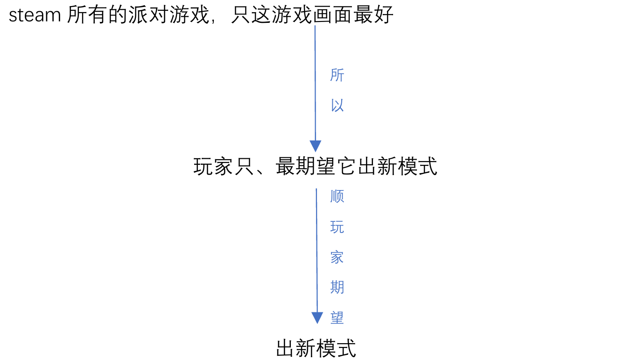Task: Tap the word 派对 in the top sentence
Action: coord(149,14)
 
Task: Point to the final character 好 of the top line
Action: coord(383,14)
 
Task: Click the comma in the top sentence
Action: coord(213,21)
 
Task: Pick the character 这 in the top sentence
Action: coord(261,14)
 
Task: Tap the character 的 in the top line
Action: coord(119,14)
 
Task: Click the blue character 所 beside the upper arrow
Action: coord(337,75)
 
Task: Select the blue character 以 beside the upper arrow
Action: coord(337,106)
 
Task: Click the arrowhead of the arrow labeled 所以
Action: coord(316,146)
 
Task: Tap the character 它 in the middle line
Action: coord(346,166)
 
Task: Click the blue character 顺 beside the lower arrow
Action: coord(337,197)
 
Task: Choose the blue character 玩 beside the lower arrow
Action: coord(337,227)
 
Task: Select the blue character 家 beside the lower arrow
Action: coord(337,257)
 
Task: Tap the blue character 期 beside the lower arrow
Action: coord(337,287)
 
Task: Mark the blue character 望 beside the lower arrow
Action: coord(337,318)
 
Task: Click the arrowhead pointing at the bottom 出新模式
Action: coord(317,318)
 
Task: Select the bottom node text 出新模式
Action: coord(316,348)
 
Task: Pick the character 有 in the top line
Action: coord(98,14)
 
